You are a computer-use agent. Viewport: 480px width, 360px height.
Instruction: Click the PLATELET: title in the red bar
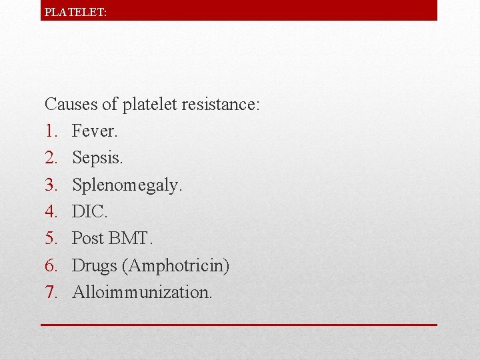coord(75,11)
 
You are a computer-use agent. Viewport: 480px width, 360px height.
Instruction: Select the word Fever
coord(94,131)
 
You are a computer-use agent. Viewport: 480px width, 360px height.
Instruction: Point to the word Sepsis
coord(97,158)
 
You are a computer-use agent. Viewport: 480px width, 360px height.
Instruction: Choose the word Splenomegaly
coord(127,185)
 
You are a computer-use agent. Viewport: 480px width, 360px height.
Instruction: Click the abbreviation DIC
coord(89,212)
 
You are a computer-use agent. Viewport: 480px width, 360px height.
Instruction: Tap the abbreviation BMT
coord(133,239)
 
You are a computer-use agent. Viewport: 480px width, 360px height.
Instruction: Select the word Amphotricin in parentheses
coord(177,266)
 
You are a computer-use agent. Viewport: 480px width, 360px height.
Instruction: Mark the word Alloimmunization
coord(142,292)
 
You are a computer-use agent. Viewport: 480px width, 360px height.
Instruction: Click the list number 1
coord(51,131)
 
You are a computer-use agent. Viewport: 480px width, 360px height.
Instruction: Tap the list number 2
coord(51,158)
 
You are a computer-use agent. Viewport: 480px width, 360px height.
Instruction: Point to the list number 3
coord(51,185)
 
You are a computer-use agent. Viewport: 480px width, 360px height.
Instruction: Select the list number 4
coord(51,212)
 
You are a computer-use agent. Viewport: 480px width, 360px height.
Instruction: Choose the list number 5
coord(51,239)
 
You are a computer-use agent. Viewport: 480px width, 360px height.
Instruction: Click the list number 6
coord(51,265)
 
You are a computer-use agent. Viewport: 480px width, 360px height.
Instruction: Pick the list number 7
coord(51,292)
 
